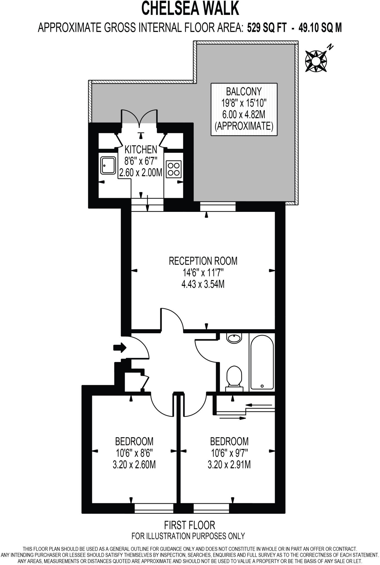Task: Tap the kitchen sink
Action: (107, 166)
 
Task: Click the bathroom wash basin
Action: (234, 338)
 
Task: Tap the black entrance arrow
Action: (120, 348)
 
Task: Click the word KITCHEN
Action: (141, 150)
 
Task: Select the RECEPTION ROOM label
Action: (203, 261)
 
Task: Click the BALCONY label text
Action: (244, 91)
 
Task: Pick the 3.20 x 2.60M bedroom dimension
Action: (134, 465)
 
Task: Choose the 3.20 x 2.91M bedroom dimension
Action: (229, 465)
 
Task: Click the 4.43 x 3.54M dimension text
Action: (203, 284)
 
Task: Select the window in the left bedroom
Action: (154, 508)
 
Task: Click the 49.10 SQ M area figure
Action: (320, 28)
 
